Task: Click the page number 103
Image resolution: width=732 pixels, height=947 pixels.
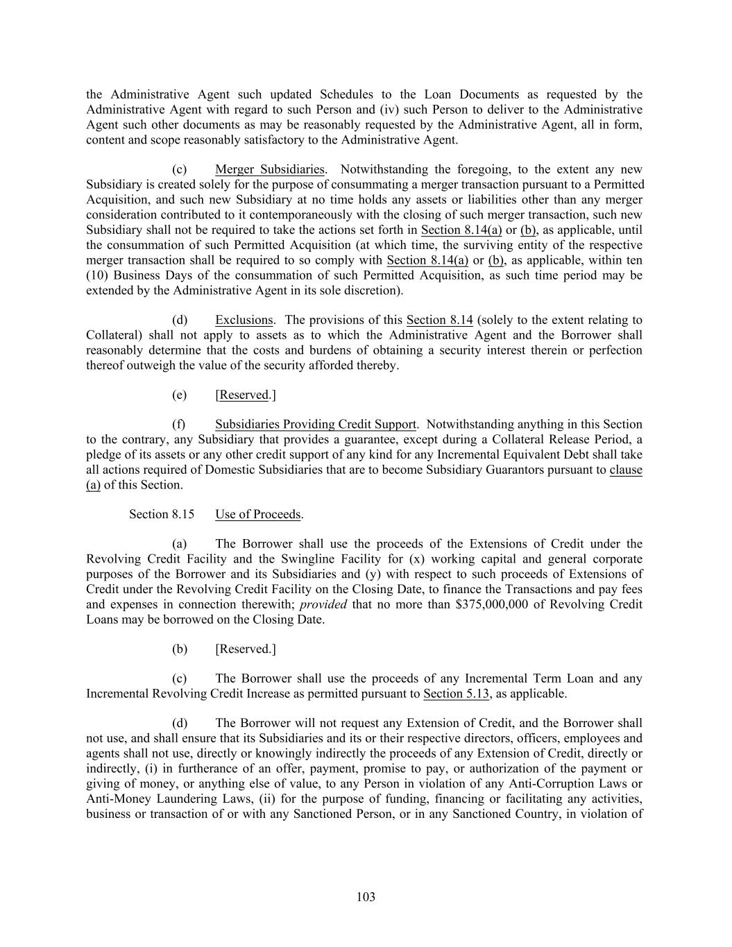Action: (366, 897)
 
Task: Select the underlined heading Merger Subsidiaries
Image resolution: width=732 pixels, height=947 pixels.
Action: (270, 169)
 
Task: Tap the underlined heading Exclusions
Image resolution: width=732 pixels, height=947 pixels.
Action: (244, 320)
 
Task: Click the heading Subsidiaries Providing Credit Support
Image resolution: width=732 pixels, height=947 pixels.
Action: (316, 424)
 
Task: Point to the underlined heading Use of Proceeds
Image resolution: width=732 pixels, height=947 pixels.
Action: (258, 514)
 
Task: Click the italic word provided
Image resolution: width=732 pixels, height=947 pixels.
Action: (323, 604)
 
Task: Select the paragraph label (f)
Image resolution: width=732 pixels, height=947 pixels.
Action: (179, 424)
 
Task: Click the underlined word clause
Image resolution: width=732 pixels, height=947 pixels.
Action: (626, 470)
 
